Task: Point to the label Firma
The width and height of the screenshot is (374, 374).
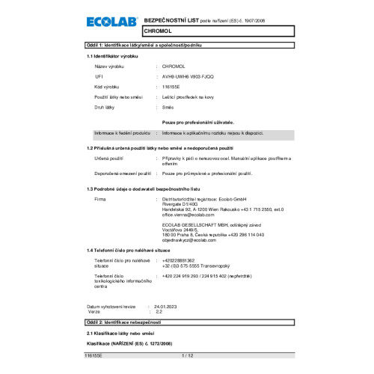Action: pyautogui.click(x=100, y=200)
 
